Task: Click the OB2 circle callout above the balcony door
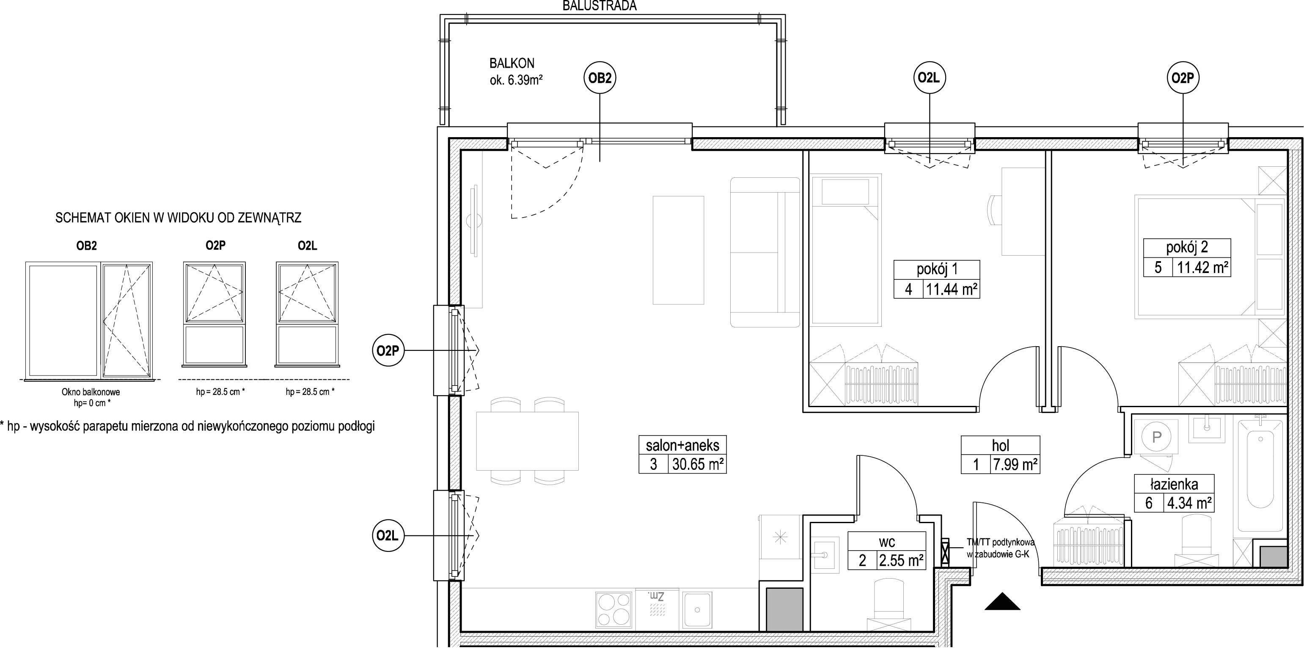(x=600, y=78)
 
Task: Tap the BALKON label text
(x=512, y=63)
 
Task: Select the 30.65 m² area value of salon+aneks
(x=698, y=464)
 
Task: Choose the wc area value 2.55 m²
(x=901, y=560)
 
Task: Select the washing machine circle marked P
(x=1156, y=437)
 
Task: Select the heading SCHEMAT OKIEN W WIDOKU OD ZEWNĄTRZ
(x=178, y=218)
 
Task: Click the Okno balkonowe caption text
(x=91, y=392)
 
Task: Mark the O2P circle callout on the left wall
(x=388, y=350)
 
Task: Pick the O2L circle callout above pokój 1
(x=930, y=78)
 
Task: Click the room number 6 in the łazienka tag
(x=1149, y=503)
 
